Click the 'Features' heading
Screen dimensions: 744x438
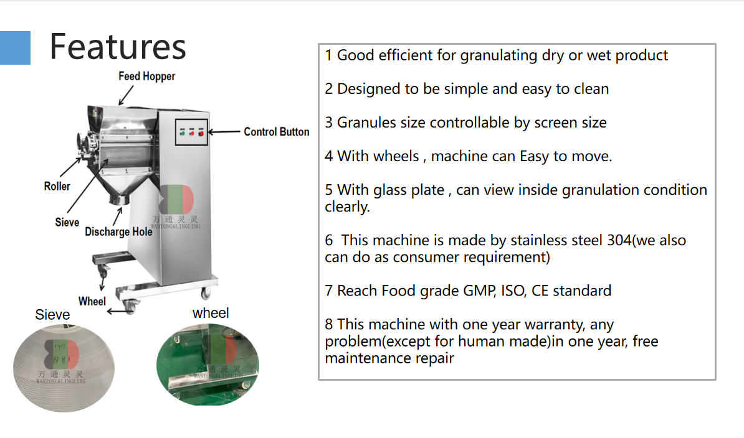pos(118,47)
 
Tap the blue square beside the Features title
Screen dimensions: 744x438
pos(15,48)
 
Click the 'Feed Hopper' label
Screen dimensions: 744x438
pos(146,77)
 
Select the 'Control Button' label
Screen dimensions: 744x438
pos(276,132)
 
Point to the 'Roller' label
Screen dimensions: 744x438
pos(57,186)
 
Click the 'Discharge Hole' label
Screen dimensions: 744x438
pos(118,231)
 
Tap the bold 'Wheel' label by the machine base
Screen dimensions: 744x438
pos(92,301)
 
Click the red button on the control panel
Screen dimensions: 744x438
pos(201,134)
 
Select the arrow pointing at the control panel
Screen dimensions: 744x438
pos(224,132)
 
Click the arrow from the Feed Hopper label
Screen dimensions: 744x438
pos(126,95)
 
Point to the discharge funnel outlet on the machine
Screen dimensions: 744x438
pos(120,199)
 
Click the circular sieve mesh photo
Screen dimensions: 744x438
pos(64,368)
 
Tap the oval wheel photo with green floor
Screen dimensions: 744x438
pos(208,364)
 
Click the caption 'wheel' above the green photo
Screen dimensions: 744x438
pos(211,313)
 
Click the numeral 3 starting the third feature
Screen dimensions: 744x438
pos(329,123)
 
